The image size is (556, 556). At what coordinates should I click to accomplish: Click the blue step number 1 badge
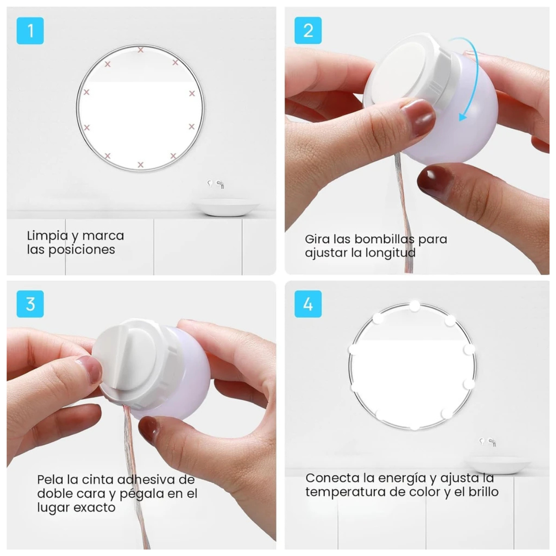pos(30,31)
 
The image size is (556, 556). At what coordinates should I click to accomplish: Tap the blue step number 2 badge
pos(308,30)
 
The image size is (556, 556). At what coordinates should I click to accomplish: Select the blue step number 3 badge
pos(30,304)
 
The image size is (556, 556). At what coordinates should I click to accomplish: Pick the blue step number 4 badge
pos(308,304)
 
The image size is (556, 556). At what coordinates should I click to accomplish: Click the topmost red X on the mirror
pos(140,50)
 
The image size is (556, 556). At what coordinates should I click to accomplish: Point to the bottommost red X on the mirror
pos(140,165)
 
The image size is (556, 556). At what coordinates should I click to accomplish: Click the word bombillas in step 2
pos(384,239)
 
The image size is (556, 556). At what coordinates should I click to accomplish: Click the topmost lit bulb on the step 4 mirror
pos(415,306)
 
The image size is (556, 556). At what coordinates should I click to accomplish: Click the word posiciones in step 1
pos(82,250)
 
